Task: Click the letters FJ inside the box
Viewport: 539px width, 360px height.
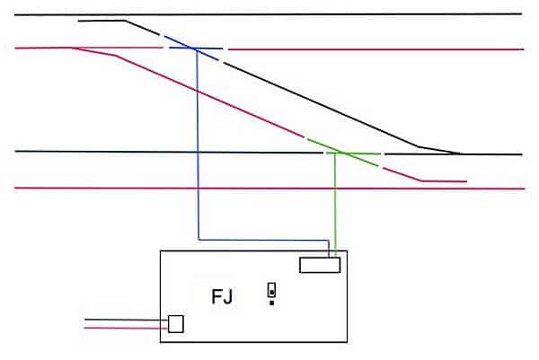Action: (221, 297)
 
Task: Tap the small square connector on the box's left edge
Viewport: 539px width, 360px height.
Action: (176, 323)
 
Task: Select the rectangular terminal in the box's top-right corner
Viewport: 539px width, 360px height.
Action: (320, 264)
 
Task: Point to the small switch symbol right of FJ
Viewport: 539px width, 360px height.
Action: (271, 292)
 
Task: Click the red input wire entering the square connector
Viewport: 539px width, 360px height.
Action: (126, 328)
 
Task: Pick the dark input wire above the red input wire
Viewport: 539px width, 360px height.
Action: (126, 320)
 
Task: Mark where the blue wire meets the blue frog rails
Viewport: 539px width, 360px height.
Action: (196, 48)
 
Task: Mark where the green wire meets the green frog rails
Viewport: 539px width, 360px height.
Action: (336, 153)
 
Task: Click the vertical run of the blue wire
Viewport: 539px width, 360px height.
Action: (197, 144)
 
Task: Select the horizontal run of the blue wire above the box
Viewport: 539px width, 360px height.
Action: (261, 240)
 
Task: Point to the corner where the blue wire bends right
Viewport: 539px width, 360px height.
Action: (198, 240)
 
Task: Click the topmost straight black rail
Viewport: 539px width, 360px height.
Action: (269, 15)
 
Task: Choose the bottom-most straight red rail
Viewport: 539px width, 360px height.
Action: (269, 189)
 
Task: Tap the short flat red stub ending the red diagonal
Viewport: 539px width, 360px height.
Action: (445, 181)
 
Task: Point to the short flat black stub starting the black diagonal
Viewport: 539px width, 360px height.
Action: (102, 20)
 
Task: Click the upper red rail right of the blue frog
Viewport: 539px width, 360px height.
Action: (377, 49)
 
